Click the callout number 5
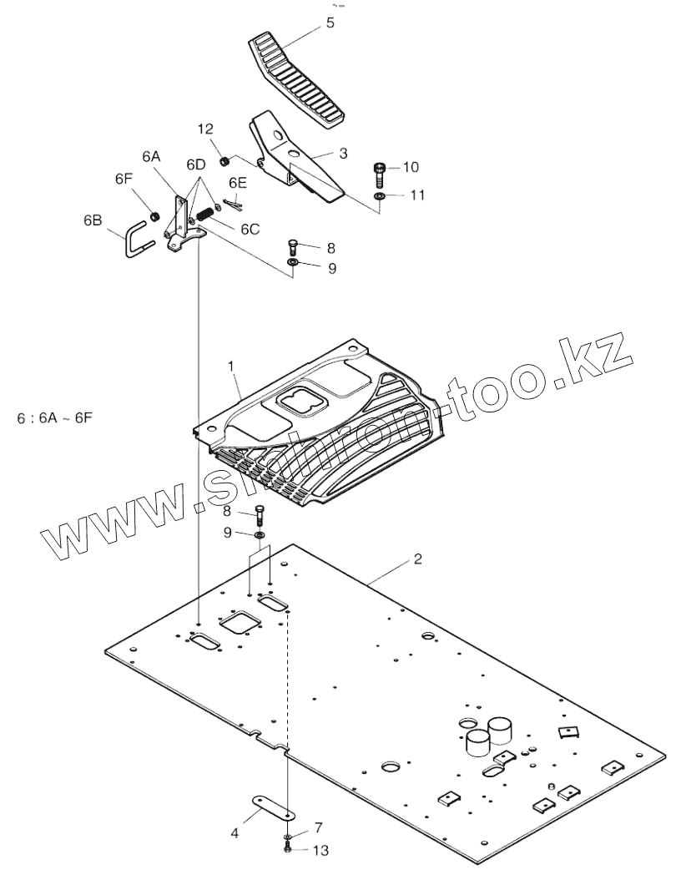[x=330, y=23]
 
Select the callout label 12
[x=205, y=129]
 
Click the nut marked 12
[x=224, y=160]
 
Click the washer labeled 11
[x=379, y=195]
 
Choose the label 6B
[x=93, y=220]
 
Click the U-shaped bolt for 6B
[x=136, y=242]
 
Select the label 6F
[x=124, y=178]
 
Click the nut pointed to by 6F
[x=154, y=217]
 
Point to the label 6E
[x=238, y=182]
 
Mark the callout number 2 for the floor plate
[x=417, y=559]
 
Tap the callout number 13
[x=320, y=851]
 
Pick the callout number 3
[x=342, y=154]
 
